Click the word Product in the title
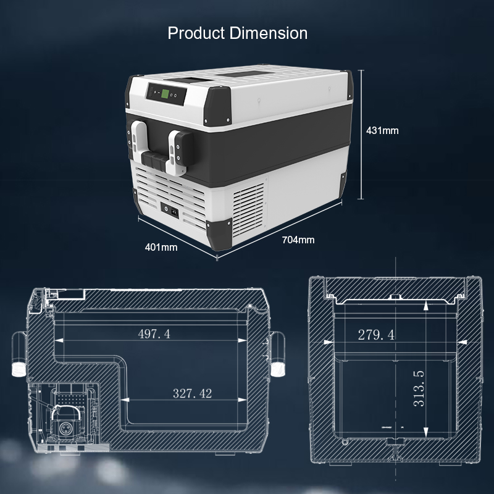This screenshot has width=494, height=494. pyautogui.click(x=196, y=33)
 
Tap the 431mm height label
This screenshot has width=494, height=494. pyautogui.click(x=382, y=130)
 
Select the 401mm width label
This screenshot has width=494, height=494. pyautogui.click(x=161, y=247)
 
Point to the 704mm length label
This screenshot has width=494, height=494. pyautogui.click(x=298, y=240)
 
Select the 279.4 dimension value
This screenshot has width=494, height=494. pyautogui.click(x=376, y=335)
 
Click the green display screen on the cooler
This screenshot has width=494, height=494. pyautogui.click(x=165, y=94)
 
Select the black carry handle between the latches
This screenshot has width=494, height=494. pyautogui.click(x=157, y=162)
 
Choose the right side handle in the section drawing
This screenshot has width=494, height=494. pyautogui.click(x=279, y=354)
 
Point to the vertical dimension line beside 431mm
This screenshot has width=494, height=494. pyautogui.click(x=360, y=133)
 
